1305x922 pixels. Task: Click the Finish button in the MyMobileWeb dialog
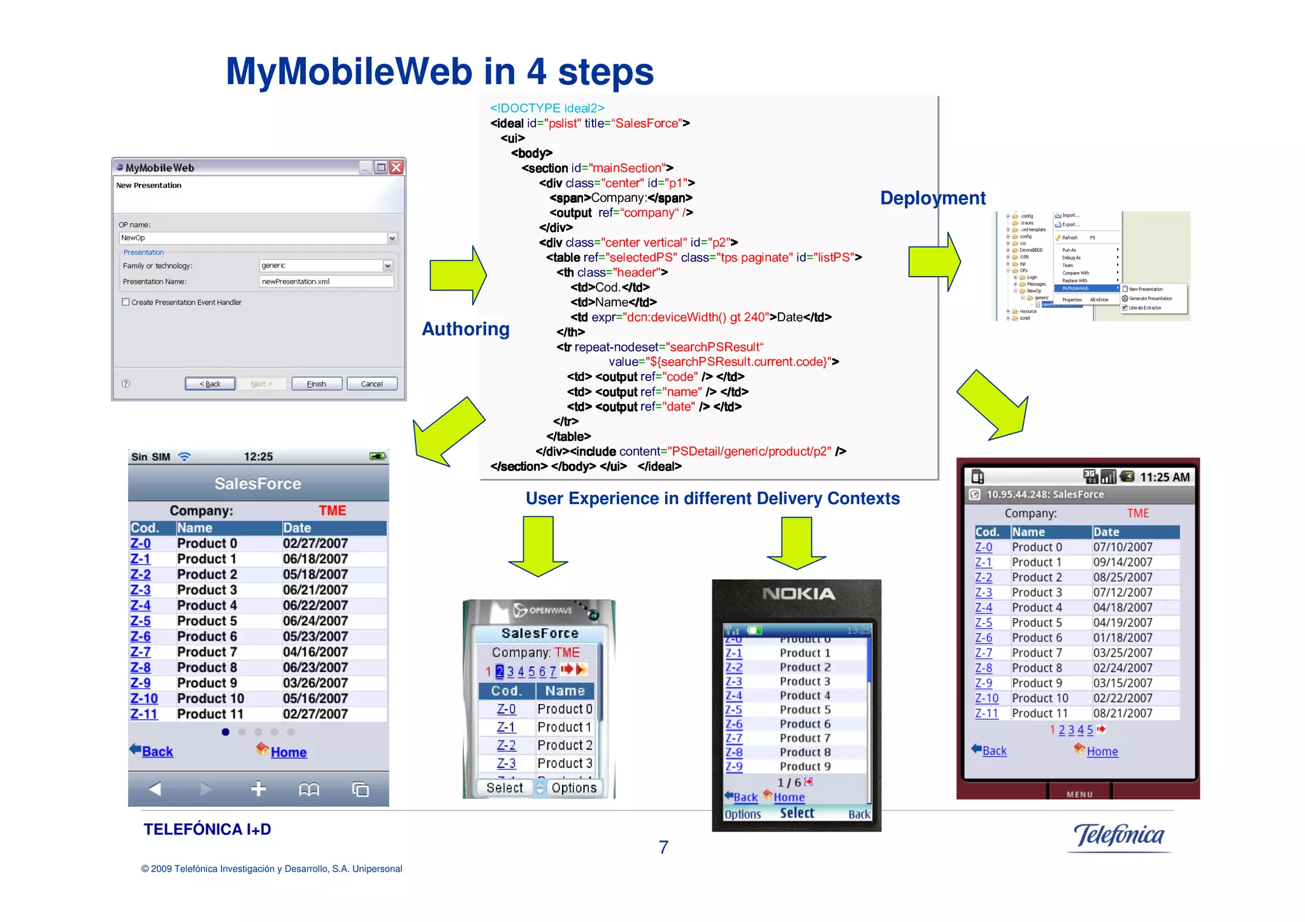click(316, 384)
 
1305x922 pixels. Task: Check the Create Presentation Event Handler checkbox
click(126, 302)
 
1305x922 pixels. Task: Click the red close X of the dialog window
click(396, 168)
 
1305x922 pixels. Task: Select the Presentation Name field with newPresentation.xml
click(326, 281)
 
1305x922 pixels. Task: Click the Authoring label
click(465, 329)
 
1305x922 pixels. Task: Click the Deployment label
click(932, 198)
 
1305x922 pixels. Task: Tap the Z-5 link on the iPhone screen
click(140, 621)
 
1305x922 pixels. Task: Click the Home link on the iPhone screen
click(288, 752)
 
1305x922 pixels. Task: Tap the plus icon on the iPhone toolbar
click(258, 789)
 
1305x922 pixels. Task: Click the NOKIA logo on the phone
click(798, 594)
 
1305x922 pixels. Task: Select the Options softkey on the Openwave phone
click(573, 788)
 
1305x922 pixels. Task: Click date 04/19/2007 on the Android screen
click(1122, 623)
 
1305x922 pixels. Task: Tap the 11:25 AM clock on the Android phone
click(1164, 477)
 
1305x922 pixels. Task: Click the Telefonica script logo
click(1118, 835)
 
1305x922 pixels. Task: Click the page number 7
click(663, 847)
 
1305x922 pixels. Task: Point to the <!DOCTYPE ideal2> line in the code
click(547, 108)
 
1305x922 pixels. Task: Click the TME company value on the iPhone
click(332, 510)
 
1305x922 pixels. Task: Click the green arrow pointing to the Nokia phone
click(797, 543)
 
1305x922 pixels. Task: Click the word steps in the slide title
click(605, 72)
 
